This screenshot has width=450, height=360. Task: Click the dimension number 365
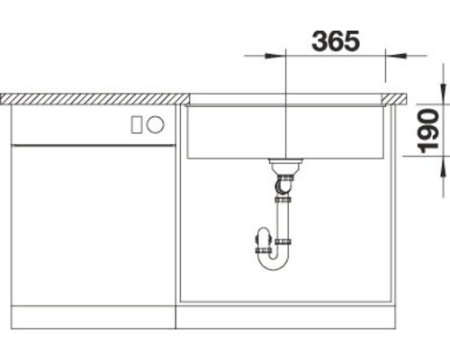[x=335, y=40]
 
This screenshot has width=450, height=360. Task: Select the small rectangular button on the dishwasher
[x=136, y=125]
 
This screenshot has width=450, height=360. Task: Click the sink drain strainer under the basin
[x=284, y=166]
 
